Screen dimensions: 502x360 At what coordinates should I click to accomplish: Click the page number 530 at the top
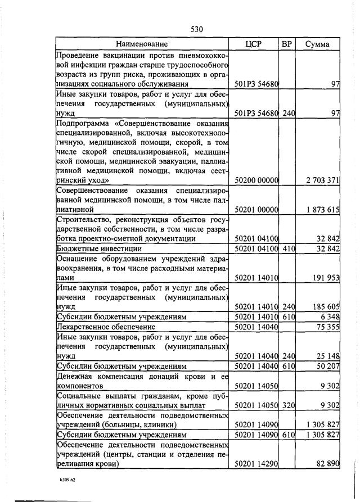coord(196,29)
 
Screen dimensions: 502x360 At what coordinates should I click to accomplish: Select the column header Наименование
coord(142,44)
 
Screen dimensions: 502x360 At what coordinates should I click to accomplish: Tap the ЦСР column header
coord(254,44)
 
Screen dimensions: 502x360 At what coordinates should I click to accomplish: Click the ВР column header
coord(288,44)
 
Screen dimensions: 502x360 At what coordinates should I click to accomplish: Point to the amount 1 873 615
coord(323,210)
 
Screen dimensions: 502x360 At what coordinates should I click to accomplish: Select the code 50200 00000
coord(256,180)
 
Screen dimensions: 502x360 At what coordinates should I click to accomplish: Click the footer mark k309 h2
coord(69,481)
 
